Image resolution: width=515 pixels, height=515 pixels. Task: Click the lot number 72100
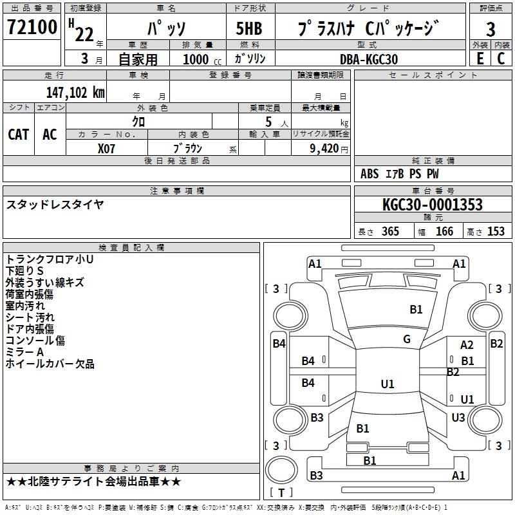coord(32,27)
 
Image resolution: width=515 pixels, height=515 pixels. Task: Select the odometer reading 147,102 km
coord(75,92)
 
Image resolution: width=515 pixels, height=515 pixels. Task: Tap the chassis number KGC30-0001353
coord(432,205)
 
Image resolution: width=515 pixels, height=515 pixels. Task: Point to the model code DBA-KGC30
coord(369,59)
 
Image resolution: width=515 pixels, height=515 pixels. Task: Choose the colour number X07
coord(107,147)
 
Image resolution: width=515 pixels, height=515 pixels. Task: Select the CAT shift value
coord(18,135)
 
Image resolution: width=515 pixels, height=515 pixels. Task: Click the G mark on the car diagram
coord(407,339)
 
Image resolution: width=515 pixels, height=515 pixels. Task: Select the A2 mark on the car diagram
coord(467,346)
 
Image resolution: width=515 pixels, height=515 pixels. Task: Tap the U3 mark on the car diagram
coord(458,418)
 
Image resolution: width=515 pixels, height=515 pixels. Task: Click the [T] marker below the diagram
coord(281,493)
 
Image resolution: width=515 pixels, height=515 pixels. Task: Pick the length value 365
coord(390,232)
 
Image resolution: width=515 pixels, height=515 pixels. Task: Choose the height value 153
coord(496,232)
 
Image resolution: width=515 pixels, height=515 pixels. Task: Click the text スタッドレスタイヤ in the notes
coord(55,205)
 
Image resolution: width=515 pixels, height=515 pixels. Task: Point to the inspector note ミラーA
coord(24,352)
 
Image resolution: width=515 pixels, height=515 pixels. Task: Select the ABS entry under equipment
coord(370,174)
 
